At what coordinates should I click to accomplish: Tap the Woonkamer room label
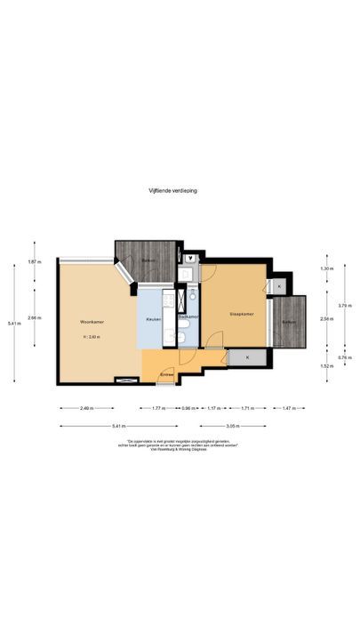pos(90,320)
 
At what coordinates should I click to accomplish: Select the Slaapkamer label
pos(241,314)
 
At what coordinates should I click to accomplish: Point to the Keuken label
pos(153,319)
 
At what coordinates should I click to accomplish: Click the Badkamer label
pos(188,316)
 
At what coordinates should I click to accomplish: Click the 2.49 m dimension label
pos(86,408)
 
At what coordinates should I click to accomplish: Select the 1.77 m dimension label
pos(158,408)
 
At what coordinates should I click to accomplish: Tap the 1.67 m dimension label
pos(33,262)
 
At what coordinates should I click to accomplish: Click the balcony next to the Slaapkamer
pos(288,322)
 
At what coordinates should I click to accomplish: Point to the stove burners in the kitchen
pos(184,299)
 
